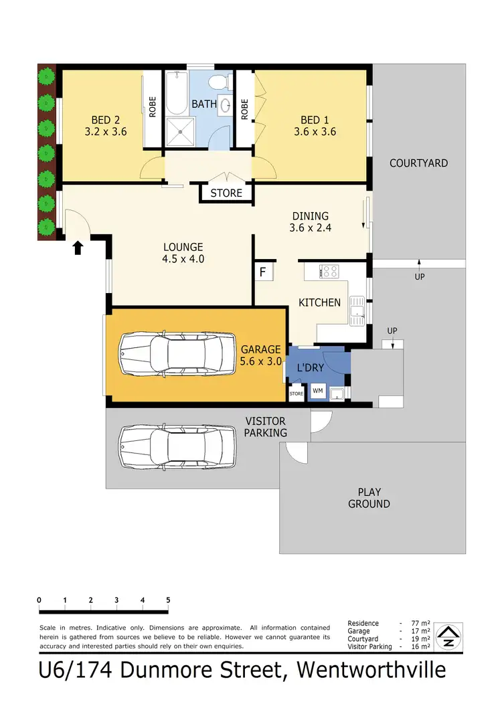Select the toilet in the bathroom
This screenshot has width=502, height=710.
pos(217,82)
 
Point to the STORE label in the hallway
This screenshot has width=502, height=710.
pos(226,193)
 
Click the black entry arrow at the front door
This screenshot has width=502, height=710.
pos(78,248)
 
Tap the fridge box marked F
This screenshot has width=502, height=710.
pos(263,272)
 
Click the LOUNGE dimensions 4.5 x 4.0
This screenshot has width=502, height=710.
pos(182,259)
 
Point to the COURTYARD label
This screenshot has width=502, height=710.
pos(418,163)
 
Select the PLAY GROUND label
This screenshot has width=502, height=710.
pos(369,498)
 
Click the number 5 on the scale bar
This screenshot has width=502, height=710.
pos(168,600)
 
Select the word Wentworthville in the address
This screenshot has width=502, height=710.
pos(371,670)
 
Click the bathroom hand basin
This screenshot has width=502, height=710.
pos(226,104)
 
